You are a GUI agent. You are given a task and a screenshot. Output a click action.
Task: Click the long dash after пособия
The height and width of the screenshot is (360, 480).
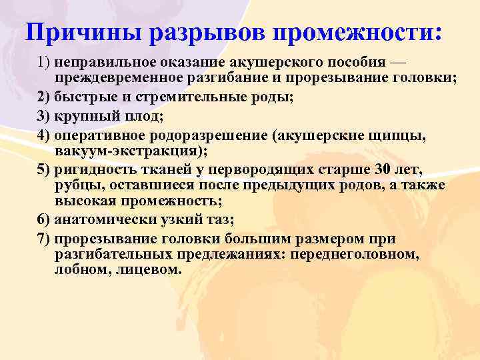click(x=397, y=62)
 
